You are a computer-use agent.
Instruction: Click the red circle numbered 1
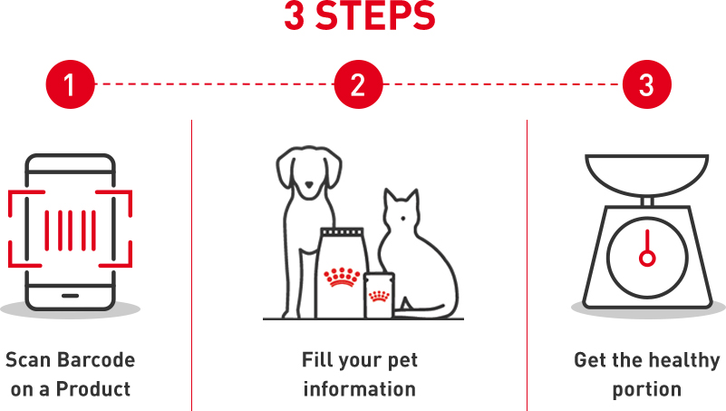71,84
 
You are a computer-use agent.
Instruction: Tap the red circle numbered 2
358,84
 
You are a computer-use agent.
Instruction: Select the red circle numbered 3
647,84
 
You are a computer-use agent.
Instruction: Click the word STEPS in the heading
375,15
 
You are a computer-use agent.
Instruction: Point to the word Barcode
96,360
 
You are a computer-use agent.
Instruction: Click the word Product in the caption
93,389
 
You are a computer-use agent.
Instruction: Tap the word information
359,389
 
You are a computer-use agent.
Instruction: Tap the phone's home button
71,296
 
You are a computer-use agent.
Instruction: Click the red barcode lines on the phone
71,230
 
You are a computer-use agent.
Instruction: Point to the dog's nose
309,184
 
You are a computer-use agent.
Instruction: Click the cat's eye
403,219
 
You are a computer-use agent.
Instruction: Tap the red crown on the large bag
342,277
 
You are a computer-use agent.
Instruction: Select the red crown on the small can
379,296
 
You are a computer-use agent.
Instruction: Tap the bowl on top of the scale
647,175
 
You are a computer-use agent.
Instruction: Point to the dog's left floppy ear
285,170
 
